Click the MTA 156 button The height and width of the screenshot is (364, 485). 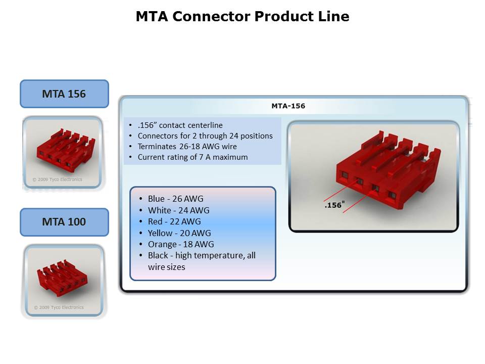tap(64, 94)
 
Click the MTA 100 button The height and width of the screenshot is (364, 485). tap(64, 222)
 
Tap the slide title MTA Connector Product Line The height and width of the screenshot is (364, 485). tap(243, 17)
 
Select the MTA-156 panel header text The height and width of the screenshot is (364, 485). tap(288, 106)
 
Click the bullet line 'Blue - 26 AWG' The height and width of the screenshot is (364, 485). tap(175, 199)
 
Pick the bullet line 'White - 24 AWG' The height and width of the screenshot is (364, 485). tap(178, 210)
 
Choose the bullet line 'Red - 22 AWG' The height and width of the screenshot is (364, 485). tap(174, 221)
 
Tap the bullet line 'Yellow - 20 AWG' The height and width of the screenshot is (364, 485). tap(179, 233)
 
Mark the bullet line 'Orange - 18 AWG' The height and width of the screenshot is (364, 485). tap(181, 244)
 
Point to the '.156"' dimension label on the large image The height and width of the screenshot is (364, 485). tap(334, 205)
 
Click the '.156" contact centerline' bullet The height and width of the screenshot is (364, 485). tap(180, 125)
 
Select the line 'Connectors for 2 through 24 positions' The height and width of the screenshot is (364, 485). tap(205, 136)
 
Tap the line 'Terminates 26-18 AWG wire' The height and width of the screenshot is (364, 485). tap(187, 147)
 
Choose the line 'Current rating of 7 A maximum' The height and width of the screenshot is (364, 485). tap(192, 157)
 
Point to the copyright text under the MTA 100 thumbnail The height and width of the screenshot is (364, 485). tap(59, 307)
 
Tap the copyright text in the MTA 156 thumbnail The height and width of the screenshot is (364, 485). tap(57, 179)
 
